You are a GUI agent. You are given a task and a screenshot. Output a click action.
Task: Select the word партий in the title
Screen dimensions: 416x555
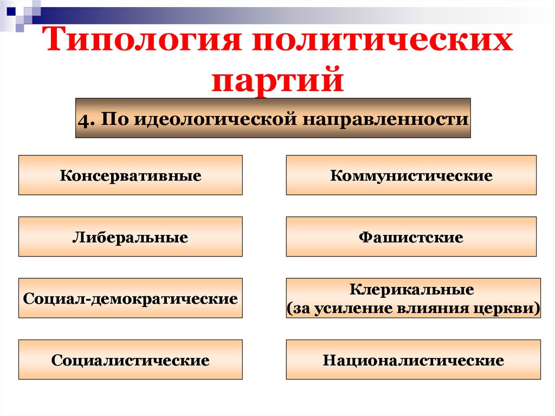coord(277,79)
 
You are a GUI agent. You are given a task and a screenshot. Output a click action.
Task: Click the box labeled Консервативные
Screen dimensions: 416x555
coord(131,175)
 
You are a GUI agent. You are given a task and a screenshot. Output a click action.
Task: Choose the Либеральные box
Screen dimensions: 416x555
coord(131,237)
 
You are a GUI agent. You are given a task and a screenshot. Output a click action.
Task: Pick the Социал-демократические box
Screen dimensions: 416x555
coord(131,298)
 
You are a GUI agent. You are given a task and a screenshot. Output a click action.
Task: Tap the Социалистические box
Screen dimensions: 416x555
coord(131,360)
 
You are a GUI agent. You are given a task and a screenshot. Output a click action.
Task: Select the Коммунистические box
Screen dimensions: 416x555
coord(411,175)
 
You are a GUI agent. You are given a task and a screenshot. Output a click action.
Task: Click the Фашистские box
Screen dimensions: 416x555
coord(411,237)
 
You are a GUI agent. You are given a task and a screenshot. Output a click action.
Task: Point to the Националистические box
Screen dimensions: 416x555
coord(413,360)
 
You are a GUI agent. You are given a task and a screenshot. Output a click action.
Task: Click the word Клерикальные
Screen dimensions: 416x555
coord(412,290)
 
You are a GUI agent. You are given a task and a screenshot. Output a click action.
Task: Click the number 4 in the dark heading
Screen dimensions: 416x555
coord(83,119)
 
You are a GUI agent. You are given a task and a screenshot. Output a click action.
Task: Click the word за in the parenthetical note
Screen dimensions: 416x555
coord(300,308)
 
